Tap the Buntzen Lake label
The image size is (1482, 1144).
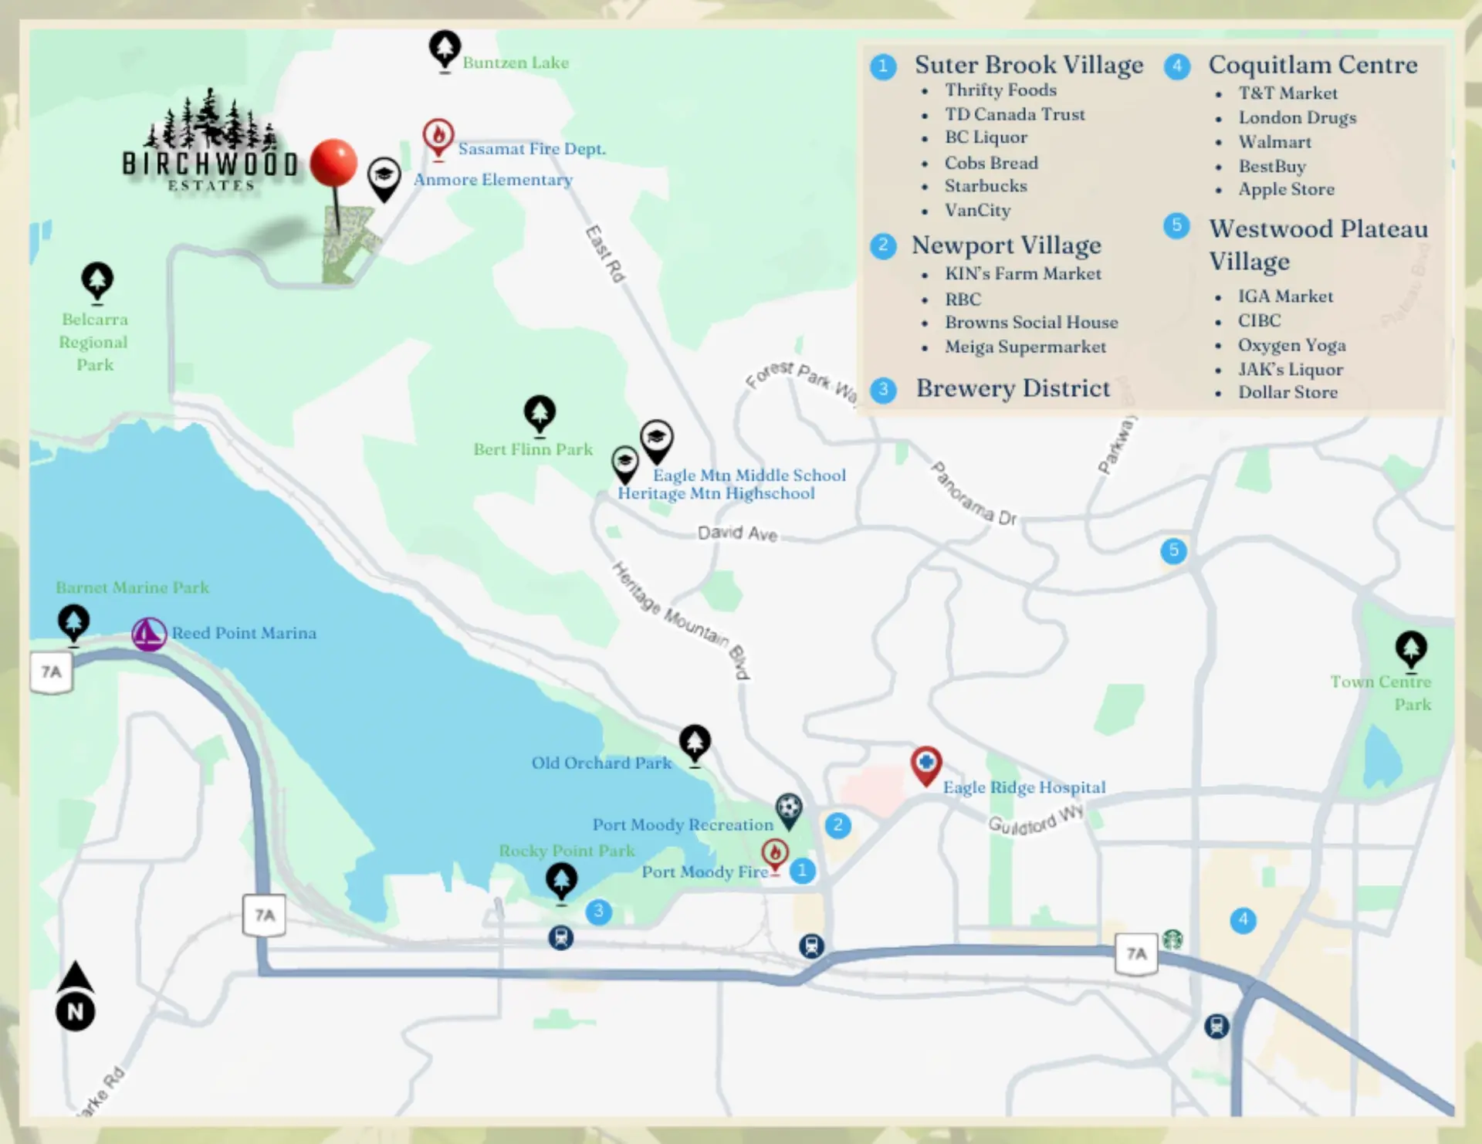(516, 63)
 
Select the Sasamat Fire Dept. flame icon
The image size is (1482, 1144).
(438, 137)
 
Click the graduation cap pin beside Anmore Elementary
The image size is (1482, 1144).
(384, 176)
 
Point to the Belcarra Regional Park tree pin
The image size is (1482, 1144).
(97, 280)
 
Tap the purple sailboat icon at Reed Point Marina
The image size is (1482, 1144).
(148, 634)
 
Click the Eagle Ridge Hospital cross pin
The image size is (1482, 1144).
(925, 763)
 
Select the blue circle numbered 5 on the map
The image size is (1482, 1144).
(1173, 550)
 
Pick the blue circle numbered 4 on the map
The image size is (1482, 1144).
(1243, 919)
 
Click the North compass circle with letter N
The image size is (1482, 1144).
(76, 1011)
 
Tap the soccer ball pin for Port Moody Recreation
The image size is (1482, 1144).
(788, 808)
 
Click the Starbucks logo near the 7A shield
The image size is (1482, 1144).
(1172, 939)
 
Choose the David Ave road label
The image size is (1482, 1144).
(737, 533)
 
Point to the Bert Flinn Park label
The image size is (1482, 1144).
(533, 449)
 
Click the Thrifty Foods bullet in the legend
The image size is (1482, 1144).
(1000, 90)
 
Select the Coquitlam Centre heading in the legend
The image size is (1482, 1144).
(1312, 65)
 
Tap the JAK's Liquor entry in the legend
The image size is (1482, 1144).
(1291, 369)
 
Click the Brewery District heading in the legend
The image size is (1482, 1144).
(1013, 388)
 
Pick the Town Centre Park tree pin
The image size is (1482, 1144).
(1410, 648)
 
